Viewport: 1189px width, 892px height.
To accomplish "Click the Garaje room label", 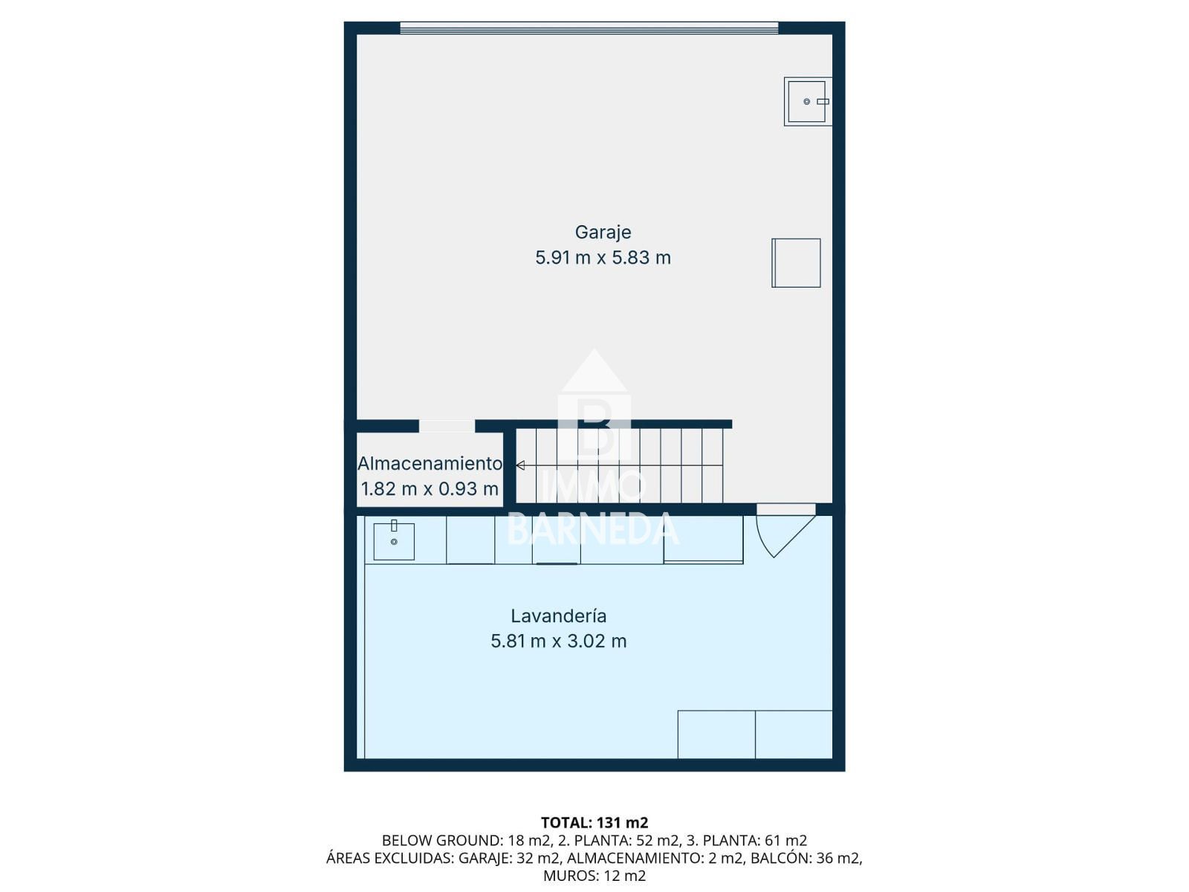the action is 603,233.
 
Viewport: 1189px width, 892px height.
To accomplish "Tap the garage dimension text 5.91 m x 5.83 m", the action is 603,258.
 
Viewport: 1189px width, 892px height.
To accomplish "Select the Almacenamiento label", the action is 430,464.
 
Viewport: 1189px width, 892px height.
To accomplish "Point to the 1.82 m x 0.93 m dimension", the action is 430,489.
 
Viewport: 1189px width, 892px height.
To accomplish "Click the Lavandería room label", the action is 558,615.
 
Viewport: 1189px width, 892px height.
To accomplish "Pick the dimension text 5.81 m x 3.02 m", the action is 558,641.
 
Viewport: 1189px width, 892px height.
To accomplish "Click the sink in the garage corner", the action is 807,101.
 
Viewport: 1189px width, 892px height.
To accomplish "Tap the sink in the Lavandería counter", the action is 394,540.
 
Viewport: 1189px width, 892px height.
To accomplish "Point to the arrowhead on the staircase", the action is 521,465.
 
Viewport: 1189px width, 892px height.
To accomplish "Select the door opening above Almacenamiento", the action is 447,426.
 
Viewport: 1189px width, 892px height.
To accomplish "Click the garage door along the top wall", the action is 589,28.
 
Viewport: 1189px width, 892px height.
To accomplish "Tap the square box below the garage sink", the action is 796,262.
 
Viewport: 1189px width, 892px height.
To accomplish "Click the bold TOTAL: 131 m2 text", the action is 594,823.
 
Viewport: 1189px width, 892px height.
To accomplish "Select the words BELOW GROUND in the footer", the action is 442,841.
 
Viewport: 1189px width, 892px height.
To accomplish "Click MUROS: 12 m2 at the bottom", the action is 594,876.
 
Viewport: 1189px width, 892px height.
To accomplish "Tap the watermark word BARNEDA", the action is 594,529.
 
